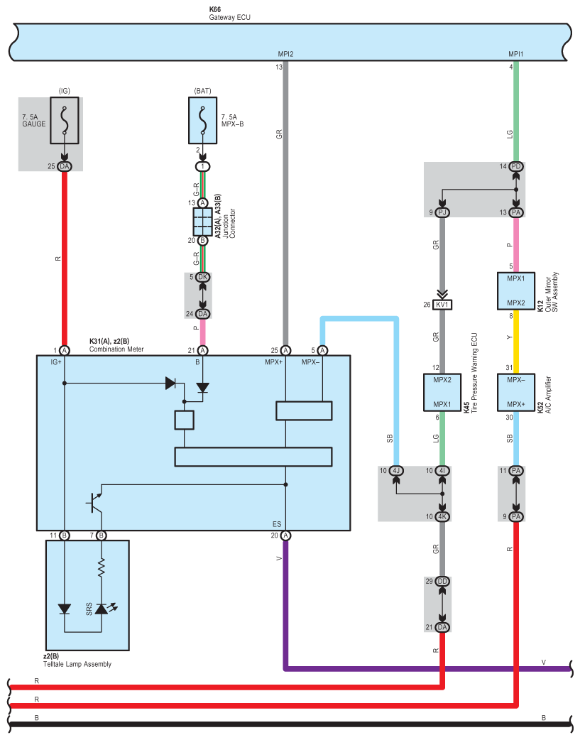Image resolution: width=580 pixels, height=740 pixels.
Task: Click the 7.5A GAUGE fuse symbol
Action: coord(64,120)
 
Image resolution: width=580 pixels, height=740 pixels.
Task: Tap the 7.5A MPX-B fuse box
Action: coord(203,120)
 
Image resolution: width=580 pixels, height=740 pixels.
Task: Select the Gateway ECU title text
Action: coord(229,18)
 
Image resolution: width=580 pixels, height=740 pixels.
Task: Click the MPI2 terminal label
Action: coord(285,54)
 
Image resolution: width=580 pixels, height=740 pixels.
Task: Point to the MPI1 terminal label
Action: coord(516,54)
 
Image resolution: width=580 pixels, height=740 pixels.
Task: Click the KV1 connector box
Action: coord(442,305)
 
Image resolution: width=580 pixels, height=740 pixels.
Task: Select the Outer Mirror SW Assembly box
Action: coord(516,290)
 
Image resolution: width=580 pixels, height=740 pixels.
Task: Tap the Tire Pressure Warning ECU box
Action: coord(442,392)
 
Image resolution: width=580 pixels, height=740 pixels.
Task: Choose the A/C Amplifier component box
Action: coord(516,392)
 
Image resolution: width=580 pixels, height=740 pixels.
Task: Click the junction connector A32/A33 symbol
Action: coord(203,222)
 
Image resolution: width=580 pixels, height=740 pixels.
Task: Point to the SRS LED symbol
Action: coord(102,609)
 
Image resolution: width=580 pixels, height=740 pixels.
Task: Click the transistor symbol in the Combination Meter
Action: coord(95,503)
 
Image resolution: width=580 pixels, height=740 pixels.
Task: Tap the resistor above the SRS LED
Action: coord(102,567)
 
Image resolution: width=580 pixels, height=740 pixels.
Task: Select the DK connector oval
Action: coord(203,277)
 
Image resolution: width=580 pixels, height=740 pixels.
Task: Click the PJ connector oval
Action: coord(442,213)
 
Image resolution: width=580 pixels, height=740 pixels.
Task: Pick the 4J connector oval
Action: coord(396,471)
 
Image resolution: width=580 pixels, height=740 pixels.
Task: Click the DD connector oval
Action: coord(442,582)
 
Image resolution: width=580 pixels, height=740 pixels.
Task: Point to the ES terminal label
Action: coord(277,524)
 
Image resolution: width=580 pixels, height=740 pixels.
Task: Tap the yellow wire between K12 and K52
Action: coord(516,342)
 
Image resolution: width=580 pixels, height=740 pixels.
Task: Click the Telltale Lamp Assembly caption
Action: coord(77,664)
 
